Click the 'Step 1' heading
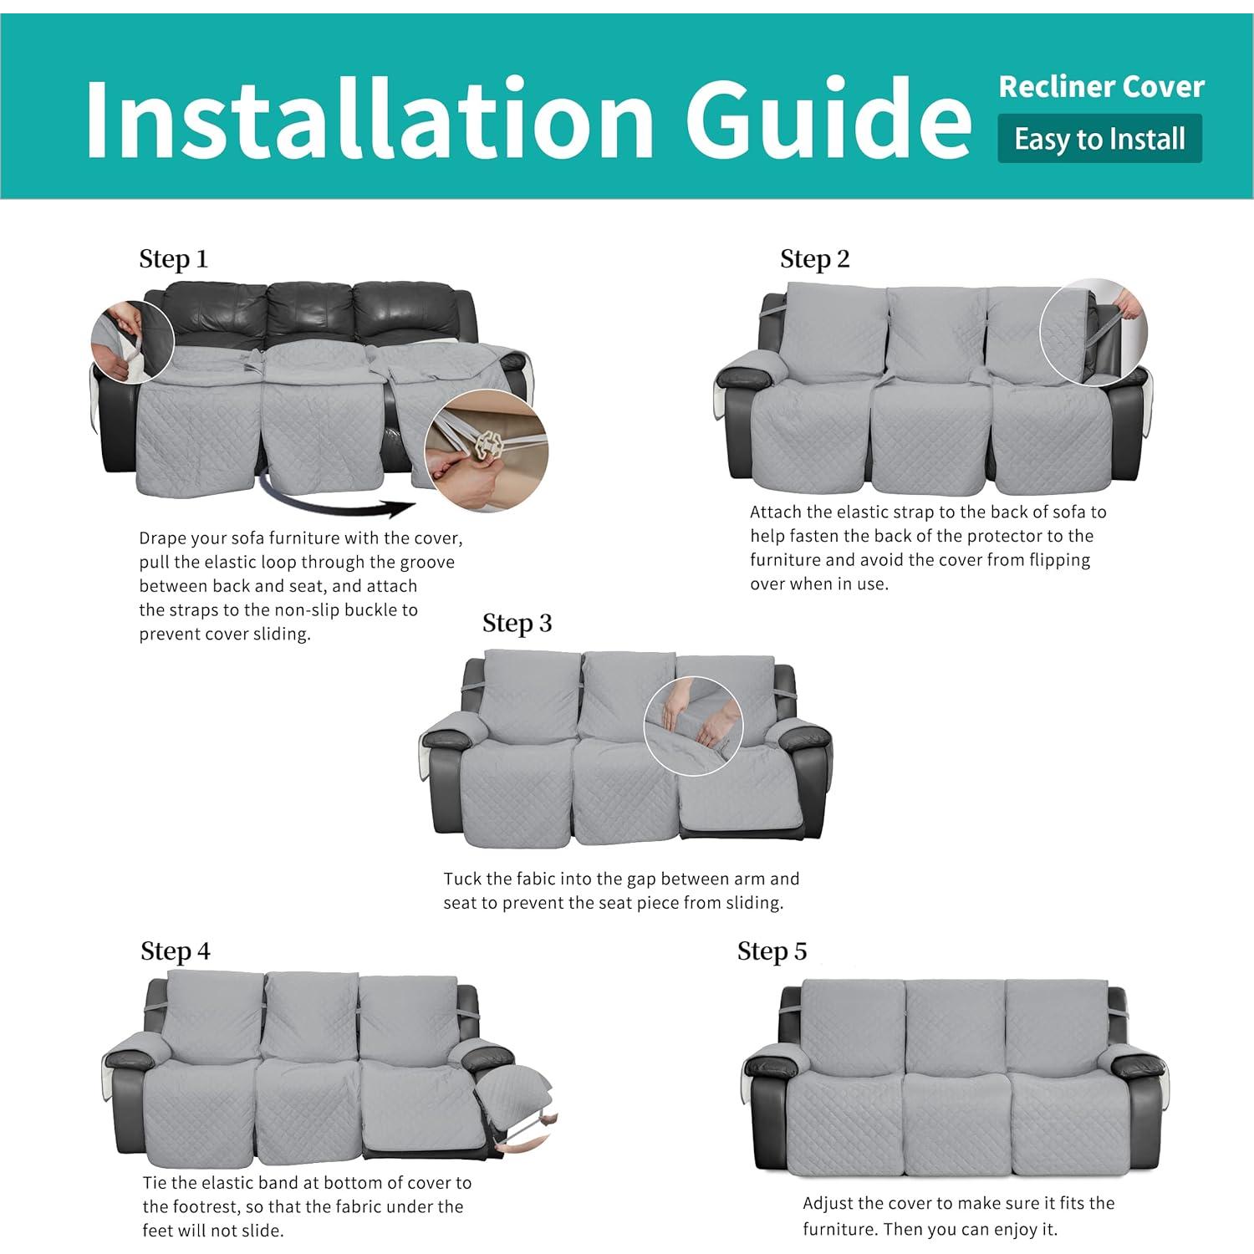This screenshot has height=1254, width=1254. tap(173, 259)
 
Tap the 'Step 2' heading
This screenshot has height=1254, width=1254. tap(814, 259)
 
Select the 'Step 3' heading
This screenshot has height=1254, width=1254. tap(517, 624)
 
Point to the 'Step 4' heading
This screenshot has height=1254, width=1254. tap(175, 951)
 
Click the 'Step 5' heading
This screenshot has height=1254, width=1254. tap(772, 951)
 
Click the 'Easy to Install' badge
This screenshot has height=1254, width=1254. tap(1099, 139)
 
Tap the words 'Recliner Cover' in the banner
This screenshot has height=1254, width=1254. tap(1101, 87)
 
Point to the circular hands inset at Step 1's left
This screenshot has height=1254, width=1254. tap(132, 342)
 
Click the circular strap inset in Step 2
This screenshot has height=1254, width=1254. tap(1093, 332)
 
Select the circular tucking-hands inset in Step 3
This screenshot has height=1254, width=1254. tap(693, 726)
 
